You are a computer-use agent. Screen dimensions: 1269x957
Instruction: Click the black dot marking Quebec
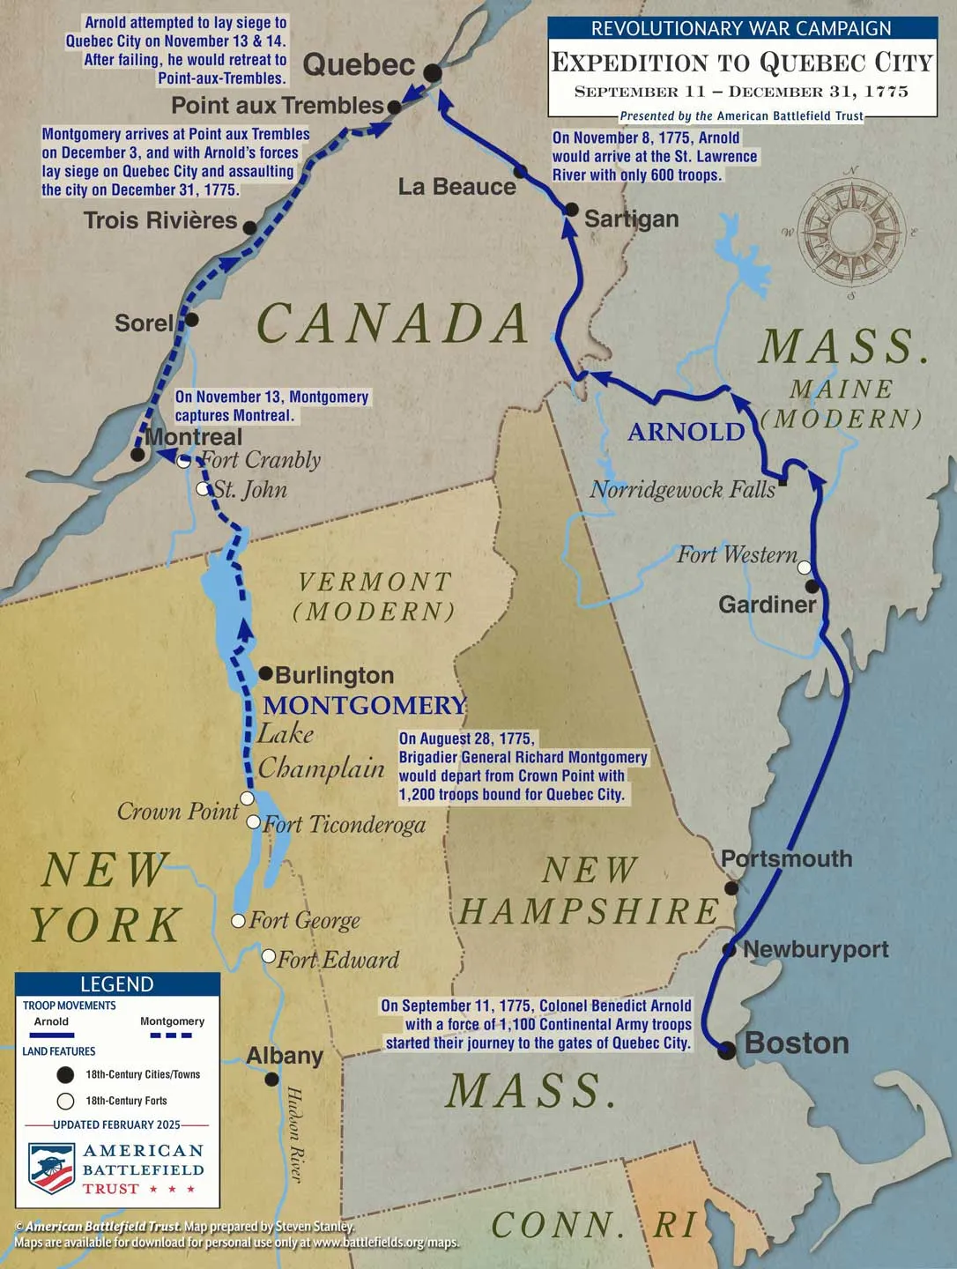pyautogui.click(x=432, y=72)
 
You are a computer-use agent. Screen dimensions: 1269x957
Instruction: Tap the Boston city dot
pyautogui.click(x=727, y=1050)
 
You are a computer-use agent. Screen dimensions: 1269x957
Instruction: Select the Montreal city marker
pyautogui.click(x=137, y=455)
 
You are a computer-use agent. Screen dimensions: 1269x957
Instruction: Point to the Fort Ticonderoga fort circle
pyautogui.click(x=254, y=822)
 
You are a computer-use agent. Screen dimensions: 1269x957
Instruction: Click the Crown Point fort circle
pyautogui.click(x=248, y=798)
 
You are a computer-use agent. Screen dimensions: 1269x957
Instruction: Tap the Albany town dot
pyautogui.click(x=272, y=1079)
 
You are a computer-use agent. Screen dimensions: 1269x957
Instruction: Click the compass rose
pyautogui.click(x=850, y=233)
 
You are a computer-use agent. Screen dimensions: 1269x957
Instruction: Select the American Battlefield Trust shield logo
pyautogui.click(x=51, y=1169)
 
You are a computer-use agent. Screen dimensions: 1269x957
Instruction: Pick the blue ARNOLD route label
pyautogui.click(x=686, y=432)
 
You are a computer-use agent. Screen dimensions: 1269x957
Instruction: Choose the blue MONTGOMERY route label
pyautogui.click(x=365, y=705)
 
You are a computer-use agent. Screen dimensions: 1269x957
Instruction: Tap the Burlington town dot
pyautogui.click(x=266, y=673)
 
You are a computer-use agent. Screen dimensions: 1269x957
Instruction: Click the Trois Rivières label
pyautogui.click(x=160, y=220)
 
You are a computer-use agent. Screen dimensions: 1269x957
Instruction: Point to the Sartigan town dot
pyautogui.click(x=571, y=210)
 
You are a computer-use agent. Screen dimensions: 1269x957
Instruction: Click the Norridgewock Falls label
pyautogui.click(x=682, y=490)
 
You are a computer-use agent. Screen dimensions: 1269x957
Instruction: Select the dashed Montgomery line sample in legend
pyautogui.click(x=171, y=1035)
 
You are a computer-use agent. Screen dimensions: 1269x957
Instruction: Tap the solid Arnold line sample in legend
pyautogui.click(x=52, y=1035)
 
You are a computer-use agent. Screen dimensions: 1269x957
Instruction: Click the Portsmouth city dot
pyautogui.click(x=731, y=888)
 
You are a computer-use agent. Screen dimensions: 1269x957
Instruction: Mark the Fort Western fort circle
pyautogui.click(x=804, y=568)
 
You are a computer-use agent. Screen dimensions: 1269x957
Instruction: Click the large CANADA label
pyautogui.click(x=392, y=323)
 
